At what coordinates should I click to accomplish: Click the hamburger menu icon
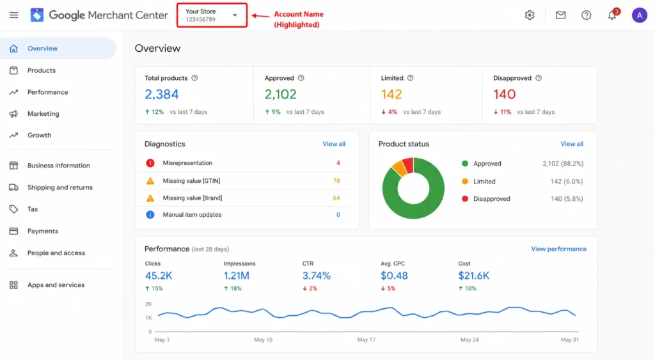click(14, 15)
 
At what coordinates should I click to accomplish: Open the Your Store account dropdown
click(212, 15)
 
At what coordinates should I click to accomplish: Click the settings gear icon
click(530, 15)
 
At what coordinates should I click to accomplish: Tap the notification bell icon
click(612, 15)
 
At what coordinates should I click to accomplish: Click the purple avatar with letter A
click(639, 15)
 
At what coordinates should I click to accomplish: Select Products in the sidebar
click(42, 70)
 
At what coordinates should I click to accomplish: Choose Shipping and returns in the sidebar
click(59, 187)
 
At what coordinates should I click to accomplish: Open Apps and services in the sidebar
click(56, 285)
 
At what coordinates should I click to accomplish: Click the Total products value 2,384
click(162, 95)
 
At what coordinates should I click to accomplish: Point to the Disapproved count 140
click(504, 95)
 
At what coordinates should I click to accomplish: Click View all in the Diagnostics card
click(334, 144)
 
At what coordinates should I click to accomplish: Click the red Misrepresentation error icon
click(150, 163)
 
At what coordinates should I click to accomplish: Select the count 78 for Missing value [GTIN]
click(336, 181)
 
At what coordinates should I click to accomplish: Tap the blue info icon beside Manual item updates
click(150, 215)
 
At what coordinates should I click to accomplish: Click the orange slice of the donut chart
click(400, 168)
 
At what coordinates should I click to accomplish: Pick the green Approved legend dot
click(464, 164)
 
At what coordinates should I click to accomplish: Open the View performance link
click(558, 249)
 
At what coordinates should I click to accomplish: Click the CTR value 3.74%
click(316, 276)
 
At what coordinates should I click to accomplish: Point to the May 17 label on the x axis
click(367, 340)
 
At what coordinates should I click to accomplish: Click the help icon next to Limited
click(410, 78)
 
